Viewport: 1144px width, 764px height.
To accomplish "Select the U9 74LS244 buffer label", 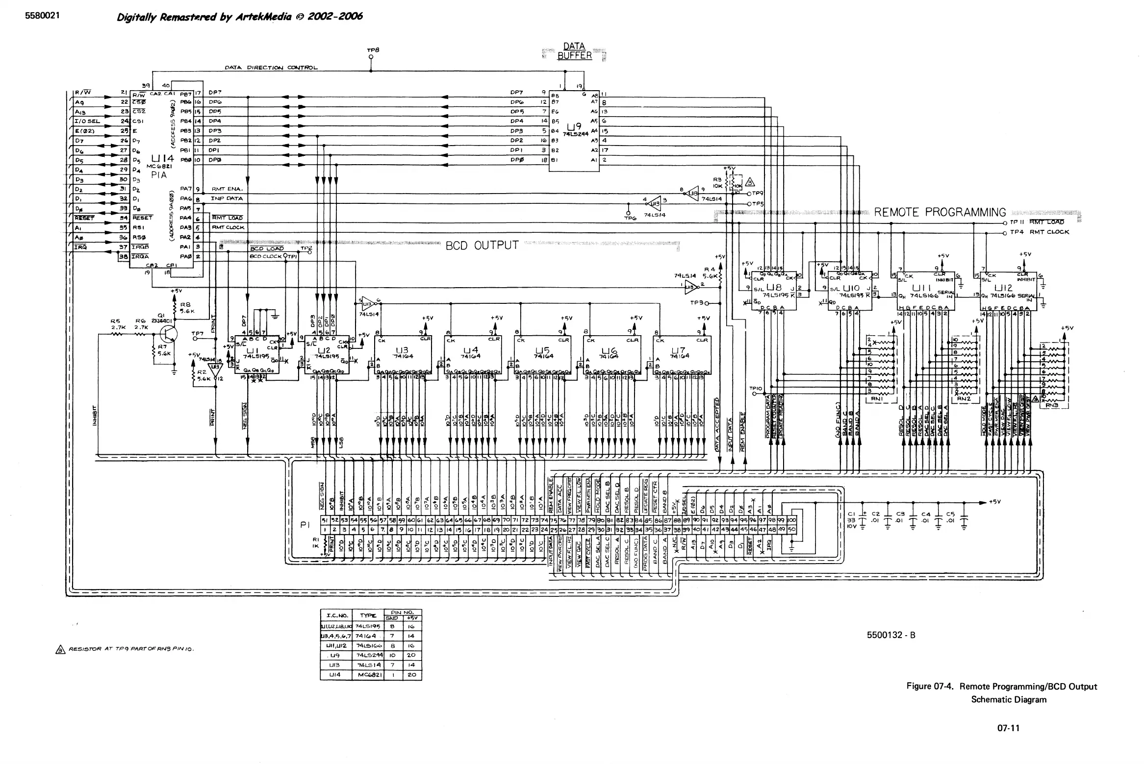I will [x=574, y=128].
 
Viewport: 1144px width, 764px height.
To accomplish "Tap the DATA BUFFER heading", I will [x=574, y=51].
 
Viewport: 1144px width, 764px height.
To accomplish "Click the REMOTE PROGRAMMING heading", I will [x=940, y=213].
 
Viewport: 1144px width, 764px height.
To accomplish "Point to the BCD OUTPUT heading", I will [x=482, y=246].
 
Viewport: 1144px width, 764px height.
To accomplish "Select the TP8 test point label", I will [x=373, y=50].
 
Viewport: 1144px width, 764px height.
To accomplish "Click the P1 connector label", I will [x=305, y=525].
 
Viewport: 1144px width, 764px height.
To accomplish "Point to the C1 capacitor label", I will [x=851, y=514].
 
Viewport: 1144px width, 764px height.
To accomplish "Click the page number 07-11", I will [x=1008, y=728].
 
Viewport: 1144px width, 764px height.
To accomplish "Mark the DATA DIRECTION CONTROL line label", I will [x=271, y=68].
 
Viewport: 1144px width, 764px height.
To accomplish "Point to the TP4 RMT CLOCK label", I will [x=1039, y=232].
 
